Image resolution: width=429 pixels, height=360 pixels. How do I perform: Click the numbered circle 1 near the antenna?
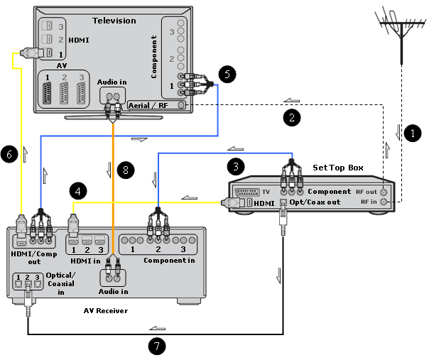408,132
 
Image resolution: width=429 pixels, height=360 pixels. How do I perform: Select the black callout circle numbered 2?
289,114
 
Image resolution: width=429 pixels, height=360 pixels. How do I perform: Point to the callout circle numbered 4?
78,190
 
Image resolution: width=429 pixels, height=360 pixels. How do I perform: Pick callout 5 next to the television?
225,74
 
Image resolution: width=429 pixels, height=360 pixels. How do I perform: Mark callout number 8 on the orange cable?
124,170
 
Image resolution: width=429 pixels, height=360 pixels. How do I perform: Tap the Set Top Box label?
338,168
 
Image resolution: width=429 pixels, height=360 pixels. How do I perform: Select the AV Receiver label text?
106,310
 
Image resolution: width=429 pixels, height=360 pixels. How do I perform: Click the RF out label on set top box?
366,191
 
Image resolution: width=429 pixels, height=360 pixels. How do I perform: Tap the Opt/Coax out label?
314,202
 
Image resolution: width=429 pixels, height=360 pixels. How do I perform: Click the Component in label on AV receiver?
168,260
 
